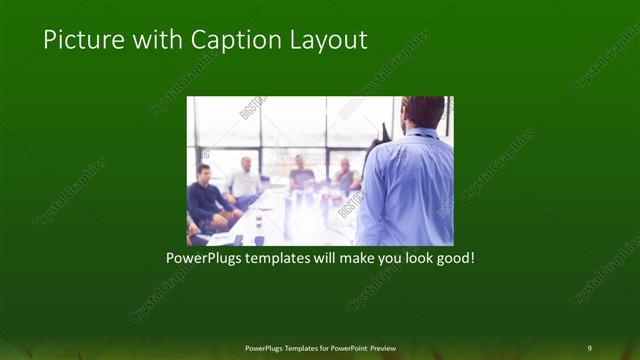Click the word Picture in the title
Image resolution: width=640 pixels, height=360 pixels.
coord(77,40)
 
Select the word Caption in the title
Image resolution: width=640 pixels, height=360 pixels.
coord(223,40)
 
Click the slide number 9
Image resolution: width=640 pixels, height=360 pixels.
coord(589,347)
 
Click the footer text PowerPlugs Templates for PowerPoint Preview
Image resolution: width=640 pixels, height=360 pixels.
coord(320,347)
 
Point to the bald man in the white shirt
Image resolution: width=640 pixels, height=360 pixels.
coord(245,180)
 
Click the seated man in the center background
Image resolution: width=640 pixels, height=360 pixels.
coord(300,173)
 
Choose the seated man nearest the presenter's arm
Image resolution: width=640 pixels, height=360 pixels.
coord(345,176)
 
